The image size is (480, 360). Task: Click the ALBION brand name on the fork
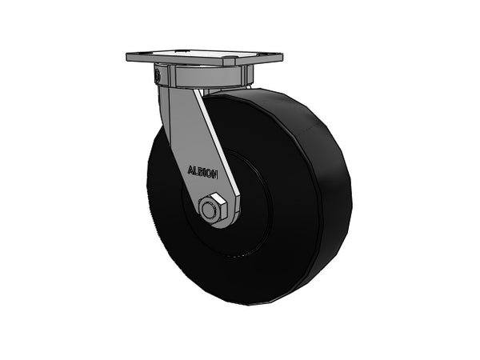(x=202, y=172)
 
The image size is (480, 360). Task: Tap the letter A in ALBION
(x=190, y=170)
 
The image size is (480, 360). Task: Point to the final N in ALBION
(x=215, y=175)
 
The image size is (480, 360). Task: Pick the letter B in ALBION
(x=199, y=172)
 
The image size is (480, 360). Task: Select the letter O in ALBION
(x=209, y=174)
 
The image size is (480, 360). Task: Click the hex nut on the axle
(x=213, y=207)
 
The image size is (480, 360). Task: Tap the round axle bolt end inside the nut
(x=210, y=210)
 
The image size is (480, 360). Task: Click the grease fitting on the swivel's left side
(x=158, y=74)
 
